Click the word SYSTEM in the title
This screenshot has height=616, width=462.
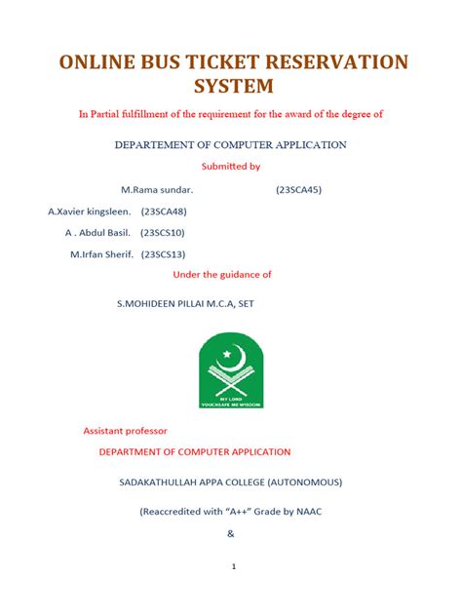tap(231, 88)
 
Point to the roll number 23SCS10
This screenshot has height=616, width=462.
tap(162, 233)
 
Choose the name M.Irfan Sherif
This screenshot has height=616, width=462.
tap(102, 254)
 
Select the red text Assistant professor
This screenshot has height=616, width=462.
tap(125, 430)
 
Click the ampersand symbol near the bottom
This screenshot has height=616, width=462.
tap(231, 533)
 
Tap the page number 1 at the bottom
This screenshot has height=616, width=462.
tap(232, 566)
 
